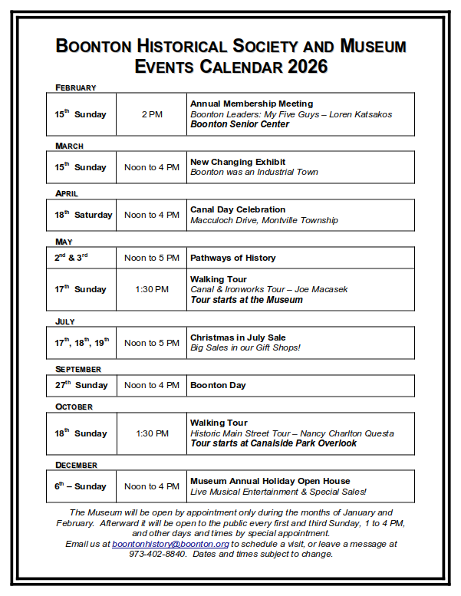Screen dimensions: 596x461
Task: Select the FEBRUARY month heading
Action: point(75,87)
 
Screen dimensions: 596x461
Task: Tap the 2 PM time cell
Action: point(152,114)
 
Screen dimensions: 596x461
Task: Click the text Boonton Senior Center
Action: point(239,124)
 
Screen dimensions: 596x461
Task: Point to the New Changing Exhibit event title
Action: point(238,162)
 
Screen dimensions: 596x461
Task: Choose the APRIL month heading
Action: point(67,193)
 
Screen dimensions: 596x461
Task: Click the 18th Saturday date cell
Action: point(83,215)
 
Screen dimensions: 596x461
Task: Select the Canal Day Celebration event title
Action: point(238,209)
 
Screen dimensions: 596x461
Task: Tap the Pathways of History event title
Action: point(233,258)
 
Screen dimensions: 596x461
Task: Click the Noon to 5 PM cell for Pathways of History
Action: point(152,258)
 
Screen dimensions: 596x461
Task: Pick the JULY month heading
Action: point(65,321)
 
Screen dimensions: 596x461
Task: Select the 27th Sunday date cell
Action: point(81,385)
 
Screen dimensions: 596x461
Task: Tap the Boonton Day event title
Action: point(218,385)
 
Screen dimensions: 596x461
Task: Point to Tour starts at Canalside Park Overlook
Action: point(273,443)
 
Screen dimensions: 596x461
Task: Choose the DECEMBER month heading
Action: point(76,465)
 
